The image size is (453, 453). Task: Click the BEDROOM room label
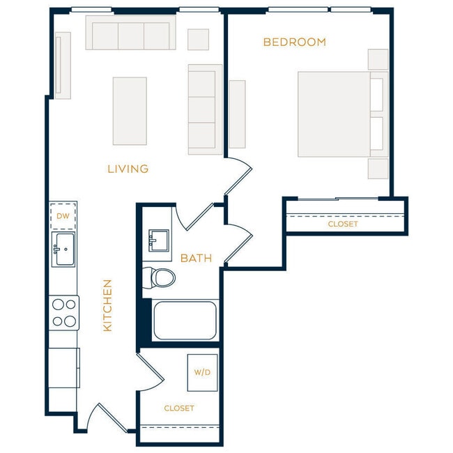pyautogui.click(x=294, y=42)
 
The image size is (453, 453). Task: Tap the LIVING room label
pyautogui.click(x=128, y=169)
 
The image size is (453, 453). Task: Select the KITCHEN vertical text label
pyautogui.click(x=107, y=305)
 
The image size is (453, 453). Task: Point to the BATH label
pyautogui.click(x=196, y=259)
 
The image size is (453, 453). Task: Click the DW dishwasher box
pyautogui.click(x=63, y=215)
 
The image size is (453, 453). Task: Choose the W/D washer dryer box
pyautogui.click(x=202, y=372)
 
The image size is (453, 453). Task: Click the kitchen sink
pyautogui.click(x=63, y=249)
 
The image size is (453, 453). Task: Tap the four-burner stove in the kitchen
pyautogui.click(x=64, y=312)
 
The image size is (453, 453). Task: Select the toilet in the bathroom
pyautogui.click(x=160, y=277)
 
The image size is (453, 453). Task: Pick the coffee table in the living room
pyautogui.click(x=130, y=111)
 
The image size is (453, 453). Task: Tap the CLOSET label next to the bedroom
pyautogui.click(x=342, y=224)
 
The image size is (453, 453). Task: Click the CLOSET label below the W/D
pyautogui.click(x=178, y=408)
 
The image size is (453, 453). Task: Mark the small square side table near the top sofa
pyautogui.click(x=198, y=39)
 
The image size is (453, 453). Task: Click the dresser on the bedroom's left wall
pyautogui.click(x=237, y=114)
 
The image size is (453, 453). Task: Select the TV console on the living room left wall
pyautogui.click(x=63, y=66)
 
